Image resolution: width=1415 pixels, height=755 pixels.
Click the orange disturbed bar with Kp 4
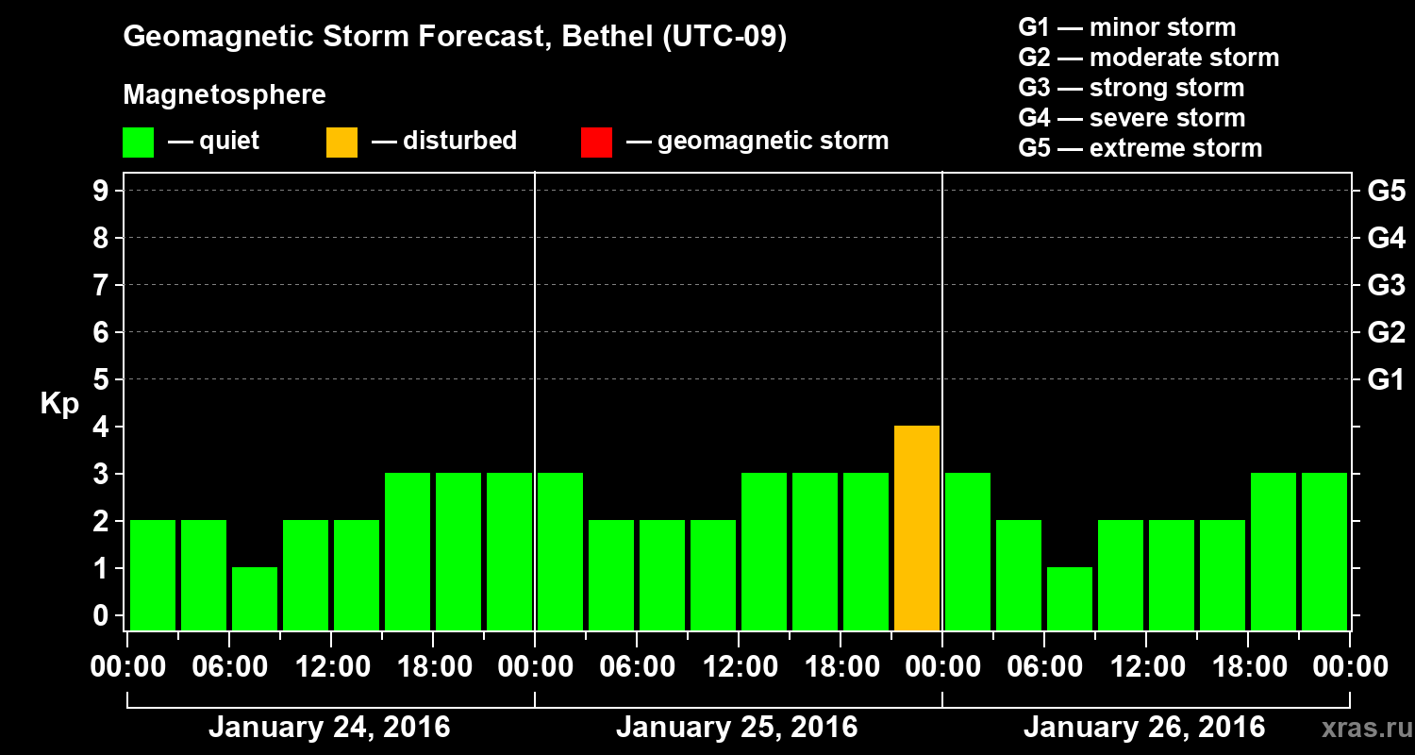coord(916,528)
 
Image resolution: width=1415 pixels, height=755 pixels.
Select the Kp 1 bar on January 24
coord(255,598)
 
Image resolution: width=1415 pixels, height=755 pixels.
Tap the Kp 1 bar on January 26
coord(1070,598)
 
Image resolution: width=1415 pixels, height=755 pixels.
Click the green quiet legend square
coord(138,143)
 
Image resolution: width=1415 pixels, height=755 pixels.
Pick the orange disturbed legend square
coord(341,143)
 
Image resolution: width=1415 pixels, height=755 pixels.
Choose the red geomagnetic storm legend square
coord(596,143)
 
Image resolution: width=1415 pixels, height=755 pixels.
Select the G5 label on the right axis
coord(1386,192)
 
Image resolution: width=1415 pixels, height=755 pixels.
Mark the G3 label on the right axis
coord(1386,286)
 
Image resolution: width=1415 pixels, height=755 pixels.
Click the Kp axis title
coord(59,404)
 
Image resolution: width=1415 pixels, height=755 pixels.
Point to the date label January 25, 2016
coord(737,728)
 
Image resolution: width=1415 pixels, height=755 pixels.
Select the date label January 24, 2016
coord(329,728)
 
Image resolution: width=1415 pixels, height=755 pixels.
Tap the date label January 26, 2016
coord(1144,728)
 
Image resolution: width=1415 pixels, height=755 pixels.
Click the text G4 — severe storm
coord(1132,118)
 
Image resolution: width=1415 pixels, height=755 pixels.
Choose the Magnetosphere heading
coord(225,95)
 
